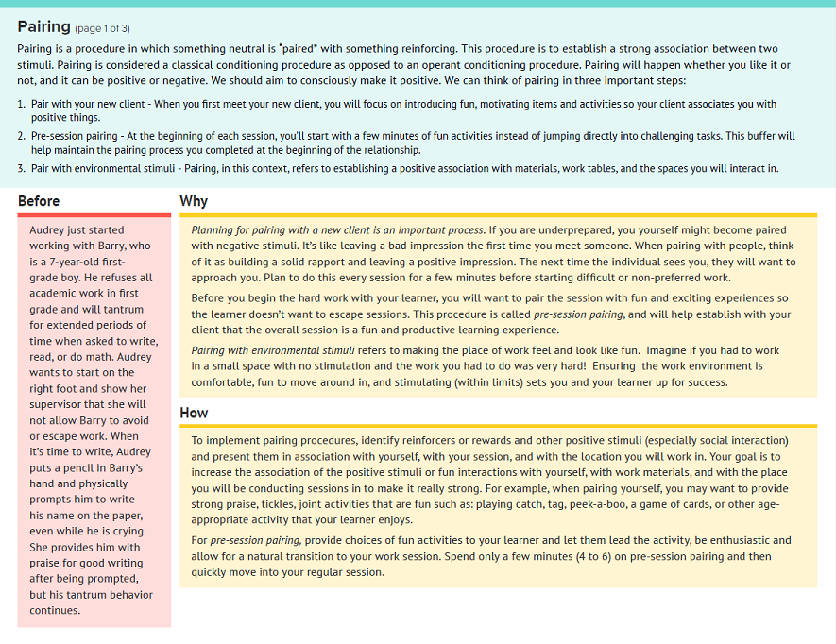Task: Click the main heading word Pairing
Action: pyautogui.click(x=43, y=26)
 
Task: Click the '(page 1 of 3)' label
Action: pyautogui.click(x=103, y=28)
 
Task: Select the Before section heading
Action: pyautogui.click(x=39, y=201)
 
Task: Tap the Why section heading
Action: pyautogui.click(x=194, y=201)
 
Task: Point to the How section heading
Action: pyautogui.click(x=194, y=413)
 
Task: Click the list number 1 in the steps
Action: pyautogui.click(x=21, y=104)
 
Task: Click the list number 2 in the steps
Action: pyautogui.click(x=21, y=136)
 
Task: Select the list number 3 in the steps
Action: pyautogui.click(x=21, y=168)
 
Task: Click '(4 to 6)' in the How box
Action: pyautogui.click(x=589, y=556)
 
